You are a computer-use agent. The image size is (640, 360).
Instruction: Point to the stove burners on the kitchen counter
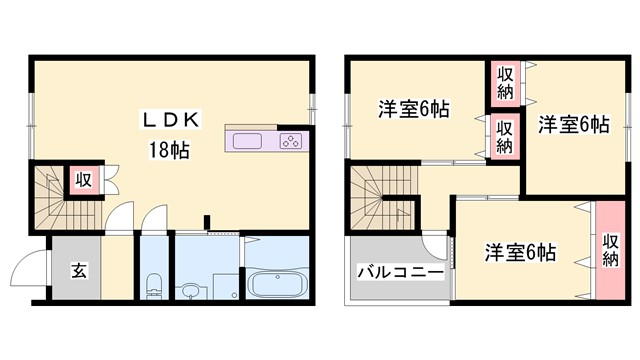[x=290, y=141]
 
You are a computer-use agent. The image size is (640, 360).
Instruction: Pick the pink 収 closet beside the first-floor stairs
[x=84, y=181]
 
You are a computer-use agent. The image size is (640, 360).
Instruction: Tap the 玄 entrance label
[x=77, y=269]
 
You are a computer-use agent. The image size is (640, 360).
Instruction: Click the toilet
[x=152, y=284]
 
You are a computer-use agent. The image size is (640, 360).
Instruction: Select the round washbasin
[x=190, y=291]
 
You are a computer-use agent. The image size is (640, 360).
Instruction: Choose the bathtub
[x=279, y=284]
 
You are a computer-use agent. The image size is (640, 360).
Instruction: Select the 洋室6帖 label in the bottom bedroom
[x=521, y=251]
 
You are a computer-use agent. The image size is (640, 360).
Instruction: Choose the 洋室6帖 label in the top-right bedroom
[x=573, y=125]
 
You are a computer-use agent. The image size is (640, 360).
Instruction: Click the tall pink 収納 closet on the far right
[x=611, y=250]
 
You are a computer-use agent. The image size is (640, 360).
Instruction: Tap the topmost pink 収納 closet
[x=504, y=84]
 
